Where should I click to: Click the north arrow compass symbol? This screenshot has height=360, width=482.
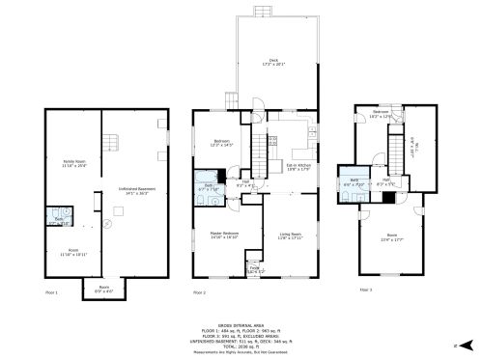click(462, 343)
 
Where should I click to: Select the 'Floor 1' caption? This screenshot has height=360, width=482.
click(52, 292)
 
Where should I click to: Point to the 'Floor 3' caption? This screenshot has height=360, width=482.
click(365, 288)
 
